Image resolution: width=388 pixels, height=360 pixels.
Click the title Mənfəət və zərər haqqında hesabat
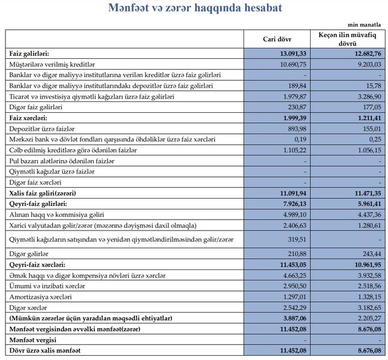[194, 8]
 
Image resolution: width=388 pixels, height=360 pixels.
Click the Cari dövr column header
[277, 40]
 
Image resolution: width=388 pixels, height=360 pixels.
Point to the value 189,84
[297, 85]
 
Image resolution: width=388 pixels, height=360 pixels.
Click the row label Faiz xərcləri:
[29, 118]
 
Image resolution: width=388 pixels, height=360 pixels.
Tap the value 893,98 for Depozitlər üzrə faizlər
[297, 128]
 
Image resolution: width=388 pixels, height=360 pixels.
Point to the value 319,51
[297, 239]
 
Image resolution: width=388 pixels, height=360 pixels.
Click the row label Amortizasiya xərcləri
[41, 297]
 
